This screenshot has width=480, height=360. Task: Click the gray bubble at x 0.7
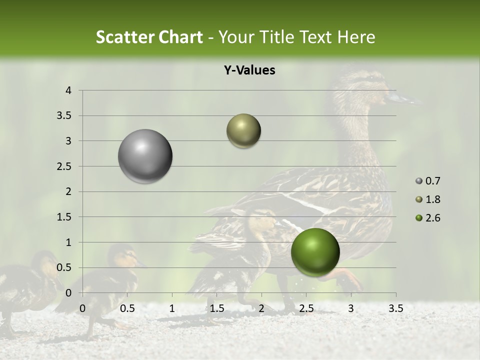click(145, 156)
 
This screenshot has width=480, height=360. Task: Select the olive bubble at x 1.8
click(243, 131)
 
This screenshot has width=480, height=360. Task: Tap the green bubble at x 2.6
click(315, 252)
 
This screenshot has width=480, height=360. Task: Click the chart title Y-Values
click(249, 70)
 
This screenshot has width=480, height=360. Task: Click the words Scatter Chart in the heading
click(149, 37)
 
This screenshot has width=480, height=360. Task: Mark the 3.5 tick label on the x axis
click(395, 308)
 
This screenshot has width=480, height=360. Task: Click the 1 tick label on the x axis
click(172, 308)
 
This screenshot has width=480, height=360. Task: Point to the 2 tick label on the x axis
click(261, 308)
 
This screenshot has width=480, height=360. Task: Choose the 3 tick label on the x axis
click(351, 308)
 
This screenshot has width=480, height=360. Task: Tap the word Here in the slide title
click(356, 37)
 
